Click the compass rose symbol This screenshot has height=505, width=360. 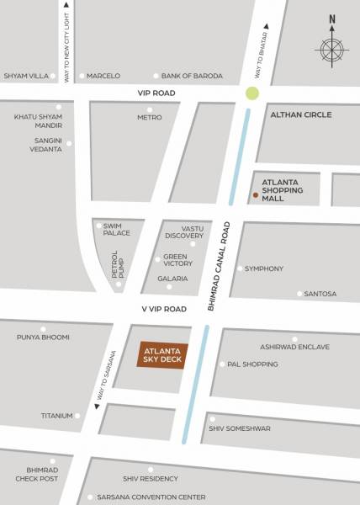point(332,50)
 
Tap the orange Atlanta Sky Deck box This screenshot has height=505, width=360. point(162,356)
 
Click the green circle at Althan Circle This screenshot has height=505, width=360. point(251,93)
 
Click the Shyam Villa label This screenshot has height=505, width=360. point(26,76)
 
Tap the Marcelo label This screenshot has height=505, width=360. point(103,76)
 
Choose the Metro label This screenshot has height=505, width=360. point(149,117)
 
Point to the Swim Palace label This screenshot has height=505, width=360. point(116,229)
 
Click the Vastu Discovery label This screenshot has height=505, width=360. point(184,231)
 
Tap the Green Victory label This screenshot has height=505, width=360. point(177,260)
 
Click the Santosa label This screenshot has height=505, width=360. point(320,294)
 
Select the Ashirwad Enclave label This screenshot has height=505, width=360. point(294,347)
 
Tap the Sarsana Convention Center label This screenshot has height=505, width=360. point(151,497)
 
